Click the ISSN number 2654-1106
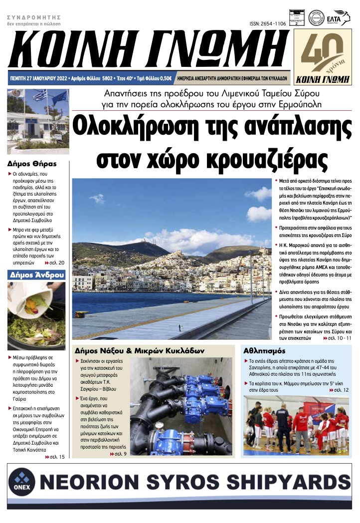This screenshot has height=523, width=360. point(268,24)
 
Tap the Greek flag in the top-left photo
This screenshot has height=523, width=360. point(39,95)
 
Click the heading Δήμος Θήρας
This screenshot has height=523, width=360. point(32,163)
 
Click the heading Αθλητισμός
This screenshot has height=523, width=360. point(265,349)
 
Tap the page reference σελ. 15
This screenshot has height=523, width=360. point(55,457)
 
